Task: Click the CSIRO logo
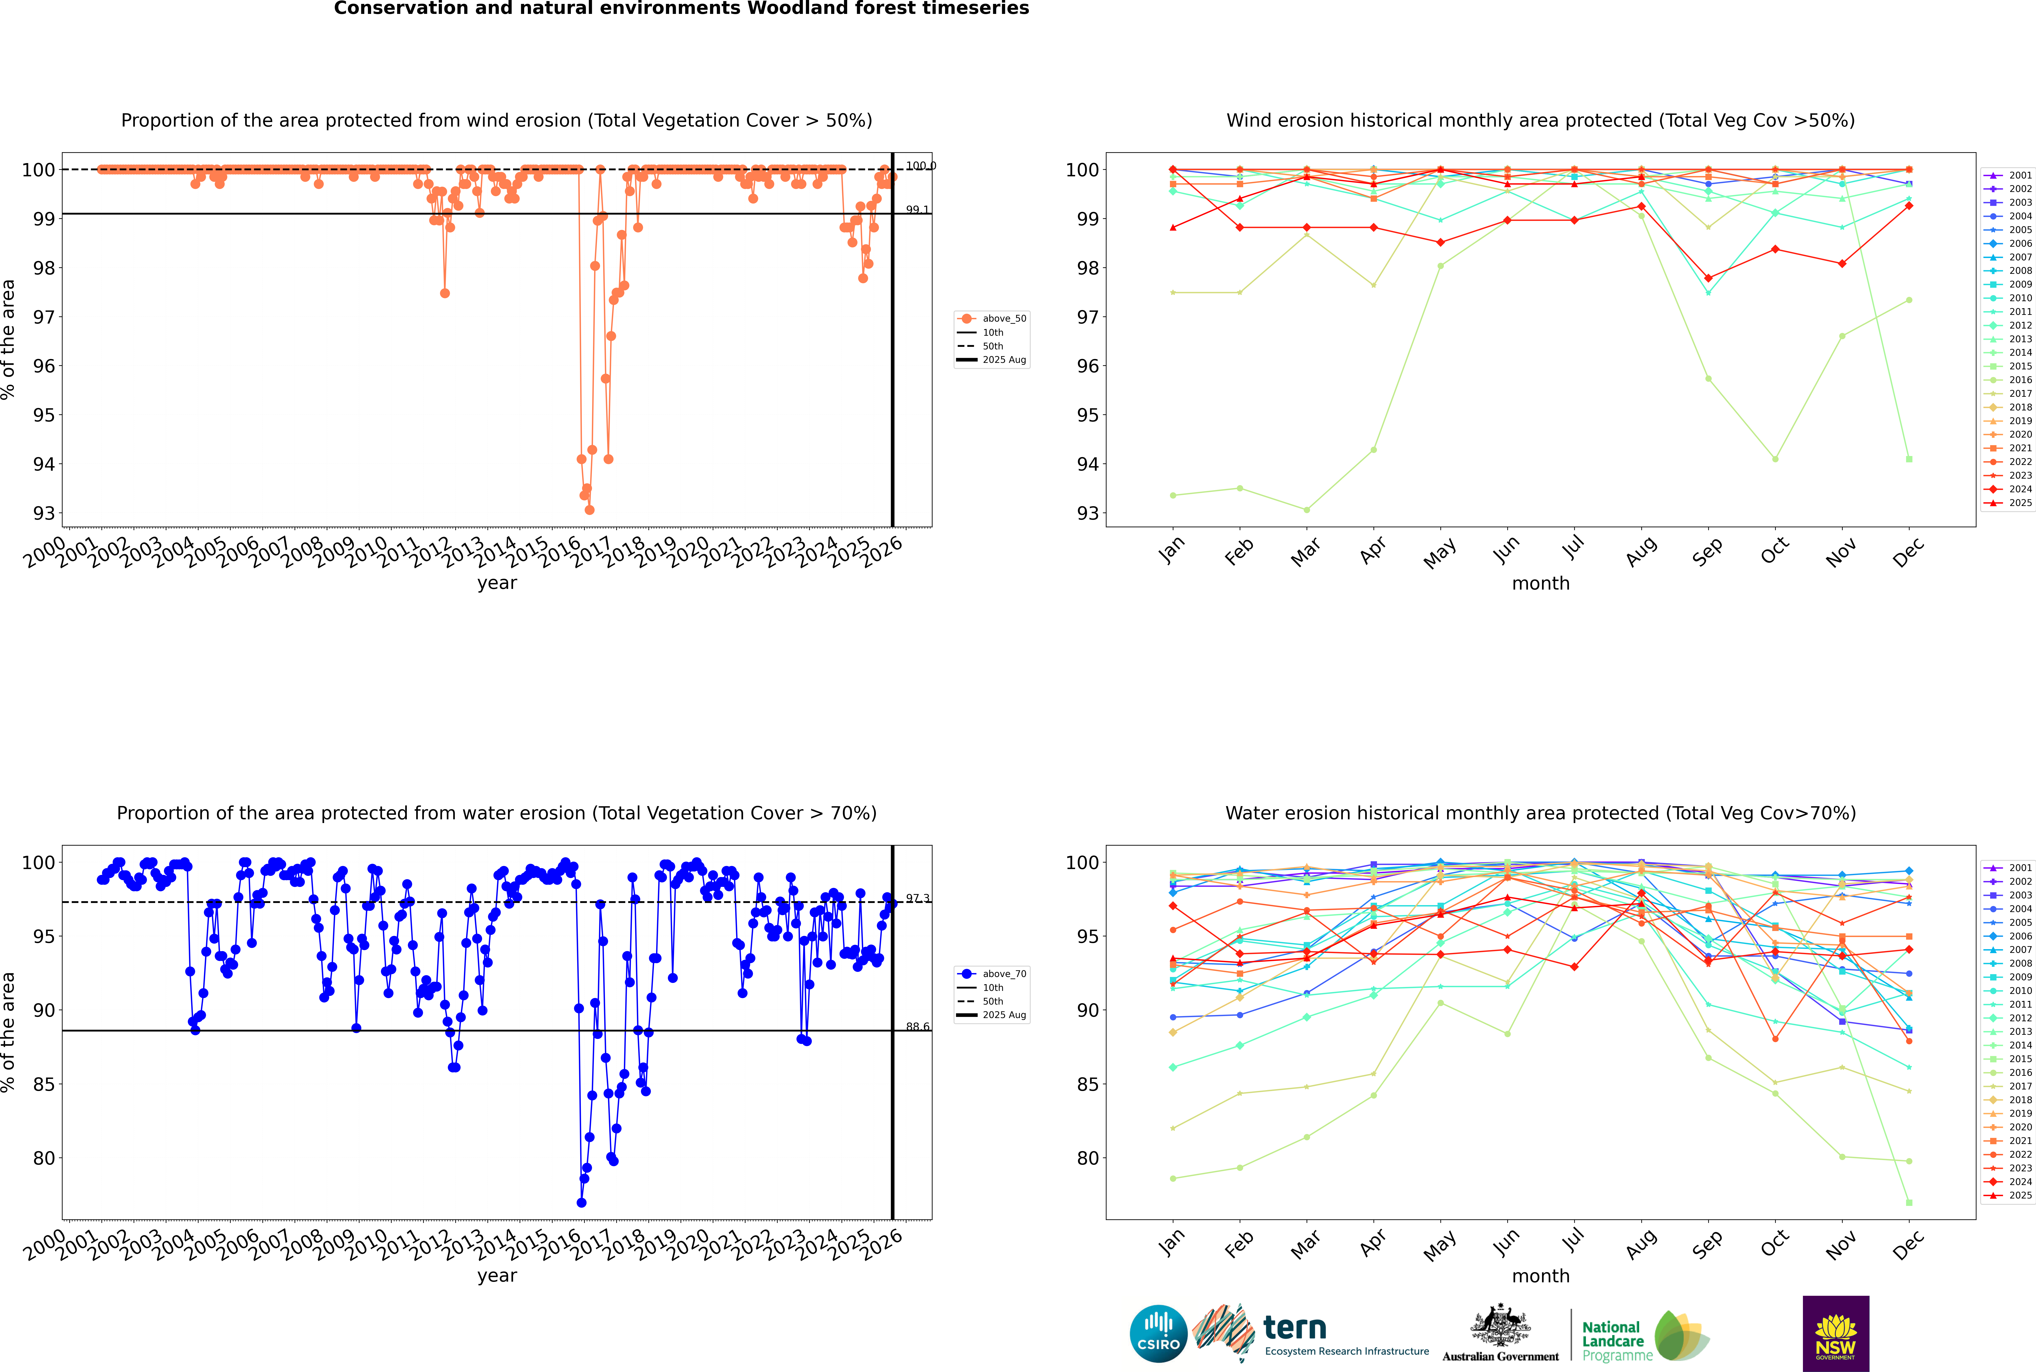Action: pyautogui.click(x=1158, y=1334)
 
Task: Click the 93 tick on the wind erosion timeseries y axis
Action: pyautogui.click(x=44, y=514)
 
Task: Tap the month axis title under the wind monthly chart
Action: pyautogui.click(x=1541, y=584)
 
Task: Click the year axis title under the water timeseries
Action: pyautogui.click(x=497, y=1276)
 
